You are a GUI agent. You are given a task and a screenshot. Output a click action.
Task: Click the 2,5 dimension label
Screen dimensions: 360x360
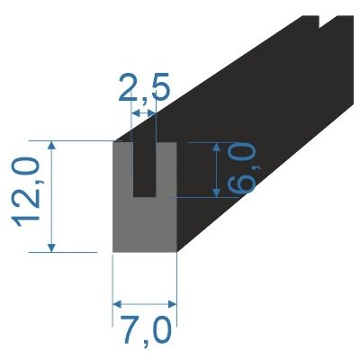tap(144, 90)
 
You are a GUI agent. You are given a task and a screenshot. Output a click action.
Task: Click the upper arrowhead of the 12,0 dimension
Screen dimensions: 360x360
tap(55, 145)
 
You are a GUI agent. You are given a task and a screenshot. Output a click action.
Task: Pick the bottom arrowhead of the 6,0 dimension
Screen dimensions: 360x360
tap(216, 193)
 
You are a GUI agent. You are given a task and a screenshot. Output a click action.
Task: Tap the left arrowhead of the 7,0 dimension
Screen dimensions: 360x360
tap(117, 303)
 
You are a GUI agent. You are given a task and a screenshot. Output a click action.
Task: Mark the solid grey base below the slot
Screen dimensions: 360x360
tap(144, 225)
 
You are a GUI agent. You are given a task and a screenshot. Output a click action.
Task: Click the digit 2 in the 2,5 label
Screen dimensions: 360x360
tap(128, 90)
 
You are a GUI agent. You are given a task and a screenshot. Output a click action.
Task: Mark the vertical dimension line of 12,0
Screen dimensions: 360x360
tap(55, 196)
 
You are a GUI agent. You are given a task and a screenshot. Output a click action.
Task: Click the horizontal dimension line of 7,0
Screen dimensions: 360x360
tap(144, 303)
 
